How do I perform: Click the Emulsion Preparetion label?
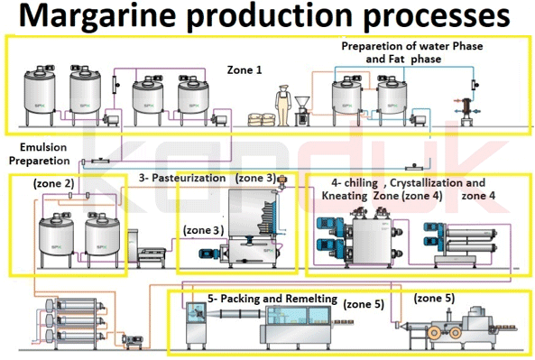click(x=39, y=153)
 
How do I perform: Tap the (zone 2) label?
click(x=53, y=183)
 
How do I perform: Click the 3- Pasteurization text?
click(x=181, y=179)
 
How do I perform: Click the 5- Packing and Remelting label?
click(x=272, y=298)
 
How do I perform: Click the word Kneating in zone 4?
click(x=348, y=195)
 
